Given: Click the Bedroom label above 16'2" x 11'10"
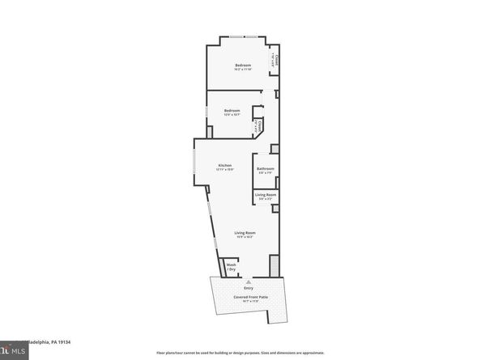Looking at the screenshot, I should click(243, 65).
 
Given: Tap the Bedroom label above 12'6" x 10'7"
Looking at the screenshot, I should click(232, 110).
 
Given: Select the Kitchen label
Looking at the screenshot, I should click(224, 165).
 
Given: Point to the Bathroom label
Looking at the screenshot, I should click(266, 168).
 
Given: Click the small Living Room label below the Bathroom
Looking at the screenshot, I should click(266, 194).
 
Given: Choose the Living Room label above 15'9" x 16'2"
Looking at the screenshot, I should click(245, 232).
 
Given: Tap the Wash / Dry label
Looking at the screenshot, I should click(231, 267).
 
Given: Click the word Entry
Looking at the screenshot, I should click(248, 289).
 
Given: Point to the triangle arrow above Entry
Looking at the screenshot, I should click(248, 282).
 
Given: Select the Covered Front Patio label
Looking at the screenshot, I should click(250, 297).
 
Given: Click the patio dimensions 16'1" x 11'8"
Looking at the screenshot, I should click(250, 302).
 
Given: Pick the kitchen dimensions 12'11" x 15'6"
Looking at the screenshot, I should click(224, 170).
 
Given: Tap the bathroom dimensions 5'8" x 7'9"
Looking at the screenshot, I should click(266, 173).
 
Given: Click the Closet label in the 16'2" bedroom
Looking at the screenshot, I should click(275, 61).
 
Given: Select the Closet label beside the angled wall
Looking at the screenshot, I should click(258, 126).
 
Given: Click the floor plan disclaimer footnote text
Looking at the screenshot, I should click(240, 354).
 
